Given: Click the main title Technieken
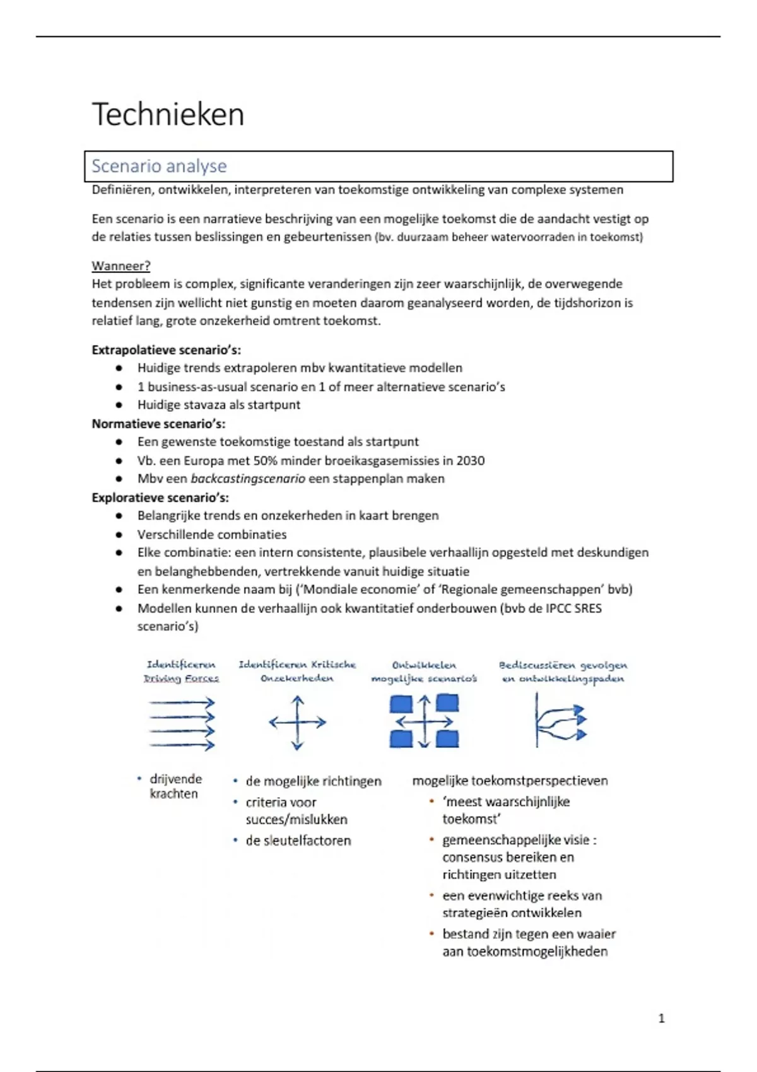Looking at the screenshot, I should click(168, 115).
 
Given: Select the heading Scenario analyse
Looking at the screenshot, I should click(159, 166).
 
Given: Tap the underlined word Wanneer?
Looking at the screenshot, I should click(121, 266).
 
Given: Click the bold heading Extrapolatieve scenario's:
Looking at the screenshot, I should click(166, 350).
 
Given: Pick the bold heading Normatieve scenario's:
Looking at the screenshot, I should click(158, 424).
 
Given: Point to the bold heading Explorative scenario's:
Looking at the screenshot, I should click(160, 498).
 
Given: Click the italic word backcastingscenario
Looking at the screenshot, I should click(248, 479).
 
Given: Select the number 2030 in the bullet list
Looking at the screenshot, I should click(471, 460).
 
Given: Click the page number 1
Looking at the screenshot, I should click(661, 1018).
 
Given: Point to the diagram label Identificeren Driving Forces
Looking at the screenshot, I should click(181, 672).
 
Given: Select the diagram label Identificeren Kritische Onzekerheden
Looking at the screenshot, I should click(297, 672).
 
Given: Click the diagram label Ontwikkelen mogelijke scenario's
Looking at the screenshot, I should click(424, 672).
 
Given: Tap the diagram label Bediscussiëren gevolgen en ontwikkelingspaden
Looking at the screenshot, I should click(563, 672).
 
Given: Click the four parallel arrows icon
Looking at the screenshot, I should click(182, 723).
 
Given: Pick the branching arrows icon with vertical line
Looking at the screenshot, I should click(560, 720).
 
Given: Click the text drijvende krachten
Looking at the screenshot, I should click(175, 786).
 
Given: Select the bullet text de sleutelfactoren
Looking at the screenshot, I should click(298, 841).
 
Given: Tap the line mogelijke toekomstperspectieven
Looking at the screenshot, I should click(510, 781).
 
